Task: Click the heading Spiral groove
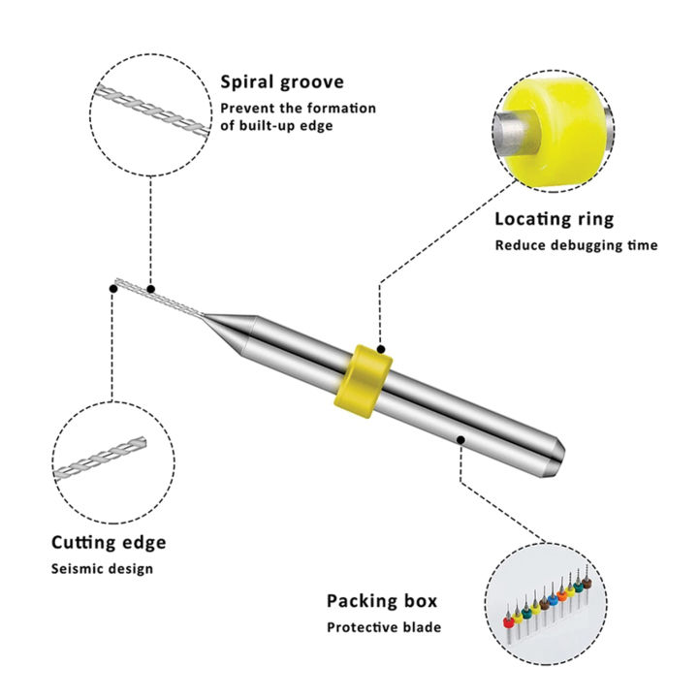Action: pos(282,82)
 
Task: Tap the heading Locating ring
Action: pos(555,219)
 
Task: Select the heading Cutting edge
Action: pos(109,542)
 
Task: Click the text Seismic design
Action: pos(102,568)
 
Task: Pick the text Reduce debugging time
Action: pos(576,245)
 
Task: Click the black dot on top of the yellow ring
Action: pos(381,348)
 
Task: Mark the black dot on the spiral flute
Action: pos(151,287)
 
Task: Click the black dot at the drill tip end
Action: pos(112,288)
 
